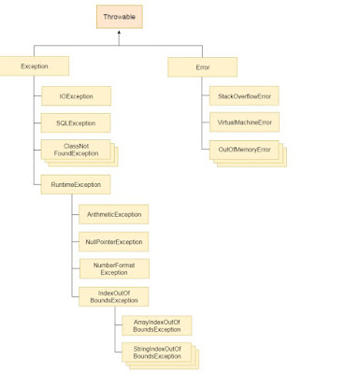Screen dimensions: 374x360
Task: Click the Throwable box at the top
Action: click(x=120, y=16)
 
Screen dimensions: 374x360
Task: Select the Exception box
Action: click(x=35, y=65)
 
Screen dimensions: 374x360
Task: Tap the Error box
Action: click(x=202, y=66)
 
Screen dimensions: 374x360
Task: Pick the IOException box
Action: click(x=76, y=95)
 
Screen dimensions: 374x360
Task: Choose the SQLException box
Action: click(x=76, y=122)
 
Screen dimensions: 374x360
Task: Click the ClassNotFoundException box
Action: click(x=76, y=150)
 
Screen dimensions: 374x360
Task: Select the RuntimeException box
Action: click(x=76, y=184)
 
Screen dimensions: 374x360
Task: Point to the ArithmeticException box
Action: click(x=113, y=214)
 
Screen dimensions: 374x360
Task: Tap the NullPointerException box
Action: click(x=113, y=241)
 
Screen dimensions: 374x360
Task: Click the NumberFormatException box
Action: click(x=113, y=268)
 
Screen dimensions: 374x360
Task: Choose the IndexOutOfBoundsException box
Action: click(x=113, y=296)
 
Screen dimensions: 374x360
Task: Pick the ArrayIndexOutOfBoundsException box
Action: click(x=156, y=325)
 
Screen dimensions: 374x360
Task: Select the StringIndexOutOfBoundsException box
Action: click(x=156, y=352)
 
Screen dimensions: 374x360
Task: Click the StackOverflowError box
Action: click(x=243, y=95)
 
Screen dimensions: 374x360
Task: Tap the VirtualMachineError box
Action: click(x=243, y=122)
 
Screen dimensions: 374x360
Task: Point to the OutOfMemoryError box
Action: click(x=243, y=150)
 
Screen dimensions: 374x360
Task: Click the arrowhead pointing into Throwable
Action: click(x=120, y=33)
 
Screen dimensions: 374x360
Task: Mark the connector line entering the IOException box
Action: click(x=36, y=95)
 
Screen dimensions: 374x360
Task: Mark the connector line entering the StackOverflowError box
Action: click(x=203, y=95)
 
